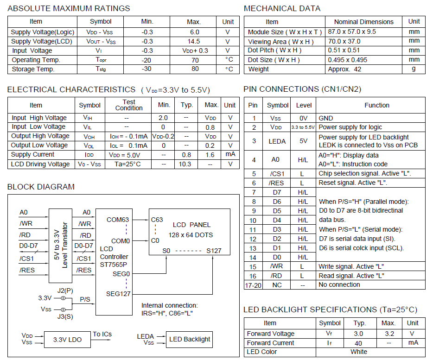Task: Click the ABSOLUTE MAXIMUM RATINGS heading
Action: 69,8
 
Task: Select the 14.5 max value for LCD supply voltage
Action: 194,41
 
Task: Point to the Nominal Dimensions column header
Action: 363,22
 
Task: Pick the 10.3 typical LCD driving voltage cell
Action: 185,164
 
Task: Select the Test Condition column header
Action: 129,105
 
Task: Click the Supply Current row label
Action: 32,154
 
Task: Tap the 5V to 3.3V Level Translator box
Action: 61,246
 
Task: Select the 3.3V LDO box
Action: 67,340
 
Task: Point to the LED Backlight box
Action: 190,339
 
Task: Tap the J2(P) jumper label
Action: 66,291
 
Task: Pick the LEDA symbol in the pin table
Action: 277,141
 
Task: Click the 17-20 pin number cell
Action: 253,285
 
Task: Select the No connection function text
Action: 339,284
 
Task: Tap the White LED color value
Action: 359,352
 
